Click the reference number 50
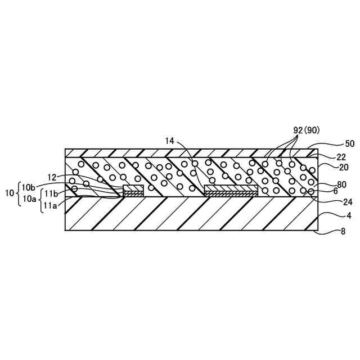point(335,145)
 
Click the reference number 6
point(336,192)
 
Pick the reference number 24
point(333,202)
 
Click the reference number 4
point(335,215)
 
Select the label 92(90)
point(307,129)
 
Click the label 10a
point(28,198)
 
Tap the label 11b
point(51,193)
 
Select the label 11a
point(51,206)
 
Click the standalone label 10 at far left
point(10,193)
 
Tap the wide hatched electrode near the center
point(231,188)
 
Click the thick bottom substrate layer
point(191,214)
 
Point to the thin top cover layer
point(191,152)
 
